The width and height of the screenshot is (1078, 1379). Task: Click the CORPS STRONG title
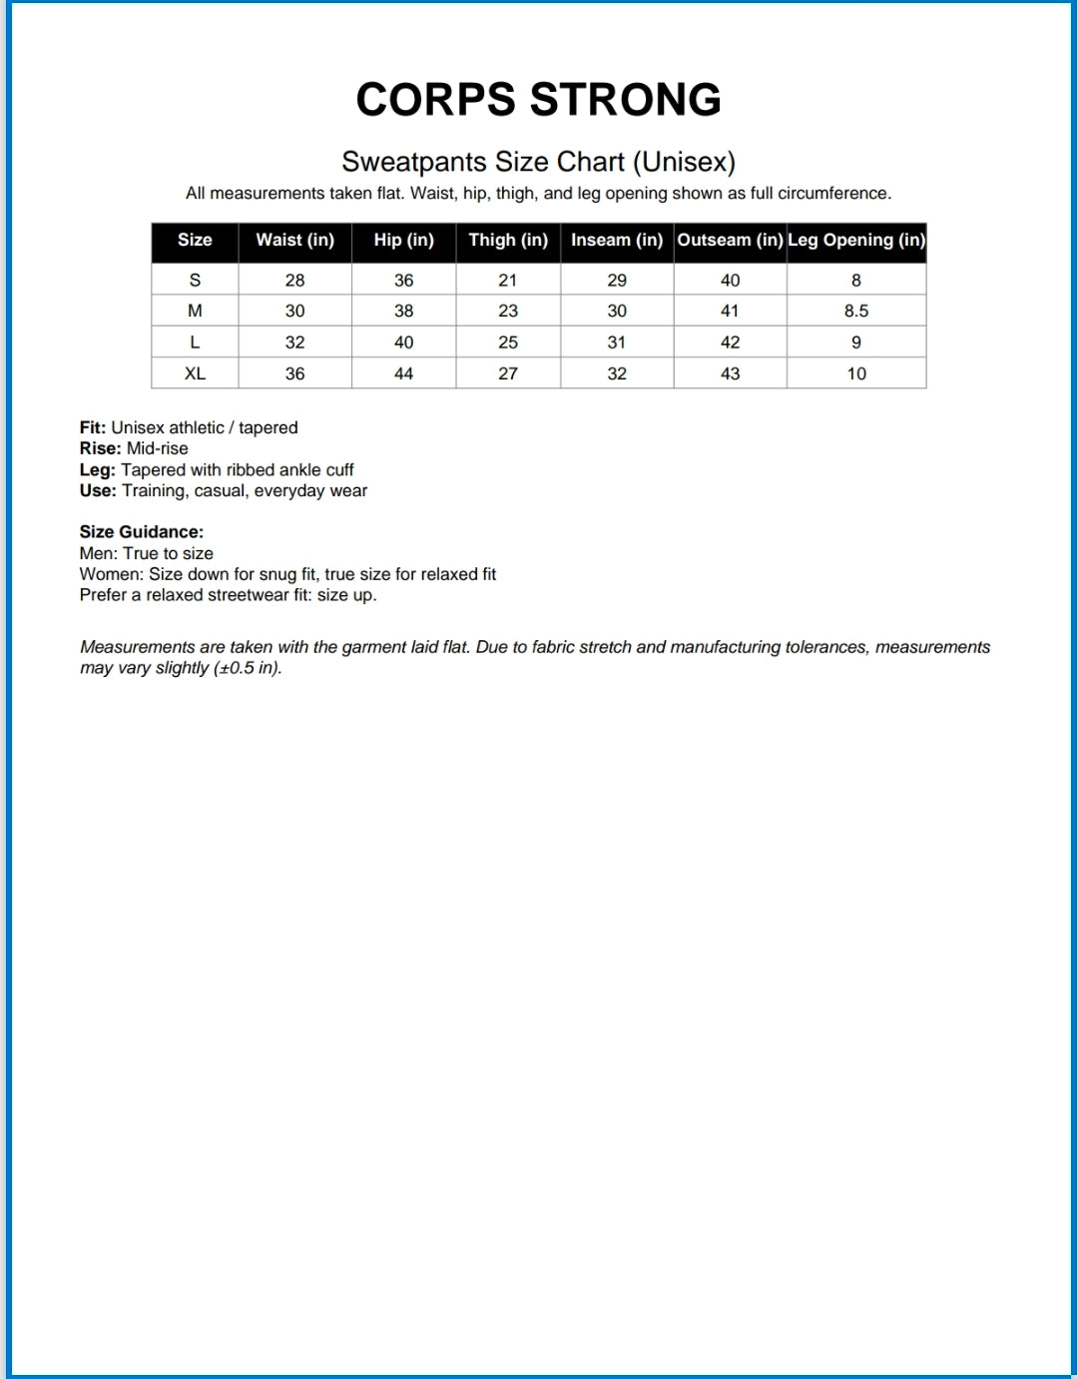click(538, 100)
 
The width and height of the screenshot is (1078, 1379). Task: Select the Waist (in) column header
click(294, 241)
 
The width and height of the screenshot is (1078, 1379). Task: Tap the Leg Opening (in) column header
click(856, 241)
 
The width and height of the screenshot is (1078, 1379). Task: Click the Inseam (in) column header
click(617, 241)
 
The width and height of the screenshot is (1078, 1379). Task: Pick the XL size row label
click(195, 373)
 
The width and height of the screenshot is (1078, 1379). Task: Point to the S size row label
click(195, 281)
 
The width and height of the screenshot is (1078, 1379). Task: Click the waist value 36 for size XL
click(294, 373)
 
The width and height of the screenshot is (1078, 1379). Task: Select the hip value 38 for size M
click(403, 312)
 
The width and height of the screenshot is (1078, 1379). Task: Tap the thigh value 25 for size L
click(508, 343)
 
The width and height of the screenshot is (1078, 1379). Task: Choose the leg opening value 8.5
click(856, 312)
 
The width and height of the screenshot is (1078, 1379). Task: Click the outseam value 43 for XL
click(730, 373)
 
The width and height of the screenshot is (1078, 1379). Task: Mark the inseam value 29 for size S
click(617, 281)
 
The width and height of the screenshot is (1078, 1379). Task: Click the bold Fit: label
click(93, 428)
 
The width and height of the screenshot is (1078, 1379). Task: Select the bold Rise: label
click(100, 449)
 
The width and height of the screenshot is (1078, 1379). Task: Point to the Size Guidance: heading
click(142, 532)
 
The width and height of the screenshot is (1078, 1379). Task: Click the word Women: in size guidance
click(112, 574)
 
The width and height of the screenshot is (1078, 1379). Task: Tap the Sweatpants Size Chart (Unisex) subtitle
click(538, 162)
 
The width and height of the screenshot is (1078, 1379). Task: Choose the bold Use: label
click(98, 491)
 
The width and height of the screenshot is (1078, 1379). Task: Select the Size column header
click(195, 241)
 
